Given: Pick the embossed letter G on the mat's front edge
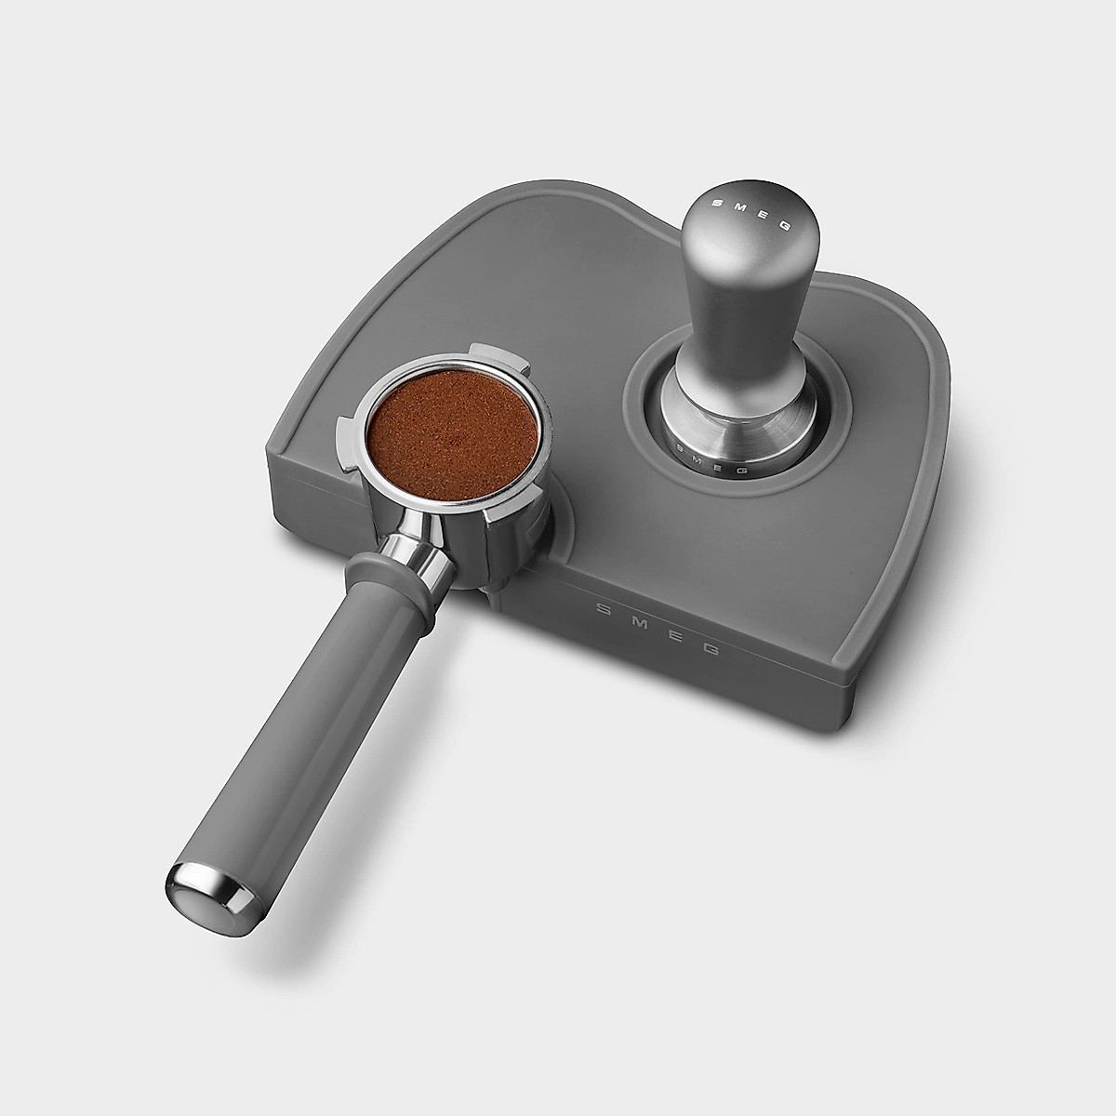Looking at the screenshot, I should click(709, 649).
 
